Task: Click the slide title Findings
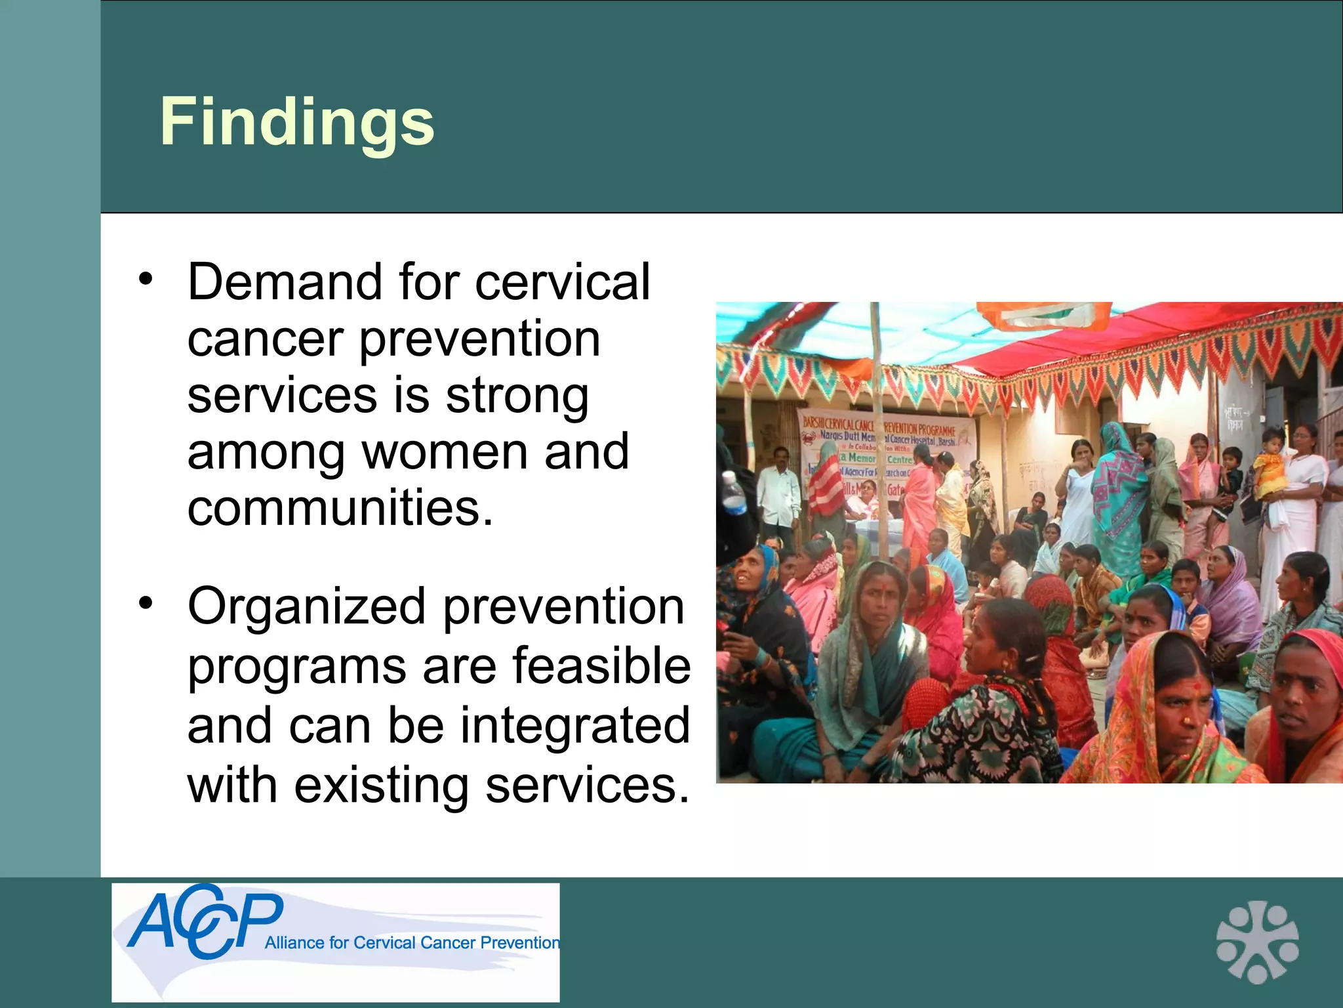(297, 122)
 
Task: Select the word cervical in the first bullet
(562, 282)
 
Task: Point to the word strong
(517, 396)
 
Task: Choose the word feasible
(601, 666)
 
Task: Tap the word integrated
(575, 726)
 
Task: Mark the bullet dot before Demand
(146, 279)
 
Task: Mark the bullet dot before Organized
(146, 602)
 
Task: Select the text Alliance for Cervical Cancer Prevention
(412, 943)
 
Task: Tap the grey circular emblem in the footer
(1257, 942)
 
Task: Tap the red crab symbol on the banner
(811, 435)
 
